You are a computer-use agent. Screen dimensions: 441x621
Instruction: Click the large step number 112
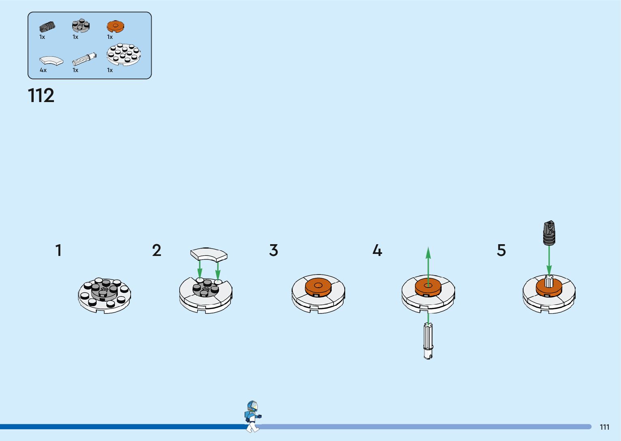pos(41,96)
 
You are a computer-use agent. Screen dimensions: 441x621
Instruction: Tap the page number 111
pos(604,427)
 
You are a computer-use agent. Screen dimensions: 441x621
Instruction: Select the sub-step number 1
pos(59,250)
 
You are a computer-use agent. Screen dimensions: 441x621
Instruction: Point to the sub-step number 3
pos(274,250)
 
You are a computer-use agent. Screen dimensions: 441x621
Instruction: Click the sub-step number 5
pos(501,250)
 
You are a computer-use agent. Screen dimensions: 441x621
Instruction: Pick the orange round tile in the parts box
pos(115,27)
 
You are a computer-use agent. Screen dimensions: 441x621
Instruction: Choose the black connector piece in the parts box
pos(47,27)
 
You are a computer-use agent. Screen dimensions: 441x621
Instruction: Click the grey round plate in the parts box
pos(81,26)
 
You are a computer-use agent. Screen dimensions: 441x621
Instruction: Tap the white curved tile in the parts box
pos(52,61)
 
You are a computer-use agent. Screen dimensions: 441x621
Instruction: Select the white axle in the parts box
pos(84,60)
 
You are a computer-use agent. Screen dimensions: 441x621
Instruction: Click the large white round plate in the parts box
pos(124,55)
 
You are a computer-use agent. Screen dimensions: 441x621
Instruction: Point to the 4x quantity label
pos(43,70)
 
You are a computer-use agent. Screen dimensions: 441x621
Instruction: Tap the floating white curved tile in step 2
pos(209,254)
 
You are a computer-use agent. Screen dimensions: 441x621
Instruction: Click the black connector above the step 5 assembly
pos(549,233)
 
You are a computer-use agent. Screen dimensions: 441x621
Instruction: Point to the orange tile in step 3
pos(318,286)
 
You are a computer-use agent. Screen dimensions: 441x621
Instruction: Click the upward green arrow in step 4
pos(428,263)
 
